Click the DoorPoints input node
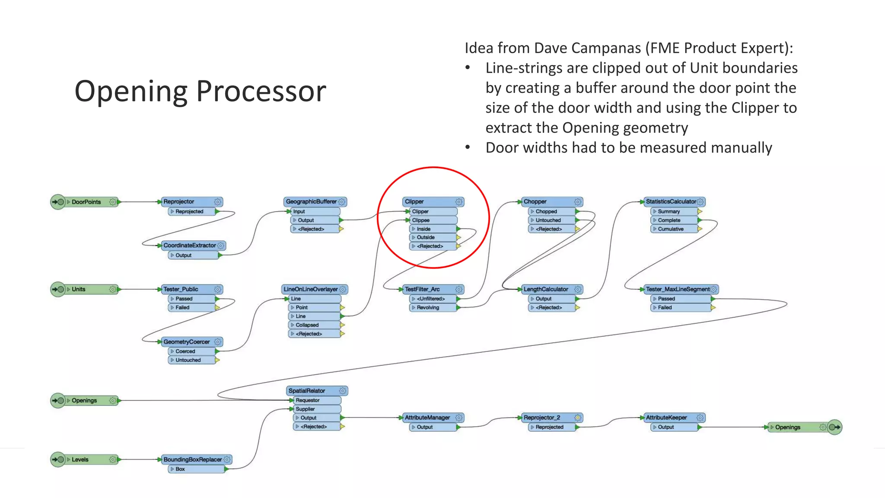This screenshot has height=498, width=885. click(86, 202)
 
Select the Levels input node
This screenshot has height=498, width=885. click(80, 460)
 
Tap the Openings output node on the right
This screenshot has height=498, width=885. click(787, 427)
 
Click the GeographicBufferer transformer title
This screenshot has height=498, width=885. click(311, 201)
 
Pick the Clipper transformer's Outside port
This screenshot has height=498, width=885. click(426, 237)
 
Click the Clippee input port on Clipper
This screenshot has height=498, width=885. click(420, 220)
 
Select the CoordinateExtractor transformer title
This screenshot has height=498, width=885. click(189, 246)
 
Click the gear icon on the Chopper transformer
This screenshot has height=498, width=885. click(578, 202)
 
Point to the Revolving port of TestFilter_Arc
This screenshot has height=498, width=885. click(428, 307)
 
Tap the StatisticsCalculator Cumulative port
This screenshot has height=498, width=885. click(671, 229)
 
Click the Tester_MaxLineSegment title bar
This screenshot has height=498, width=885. click(677, 289)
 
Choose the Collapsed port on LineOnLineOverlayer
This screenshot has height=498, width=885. click(307, 325)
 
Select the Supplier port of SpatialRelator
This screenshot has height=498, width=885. click(305, 409)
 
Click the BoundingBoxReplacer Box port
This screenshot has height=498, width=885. click(180, 469)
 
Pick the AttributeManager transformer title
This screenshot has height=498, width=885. click(427, 418)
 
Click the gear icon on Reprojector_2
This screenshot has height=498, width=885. click(578, 418)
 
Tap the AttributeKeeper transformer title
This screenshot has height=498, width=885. click(666, 418)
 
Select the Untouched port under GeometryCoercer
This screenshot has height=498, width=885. click(188, 360)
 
